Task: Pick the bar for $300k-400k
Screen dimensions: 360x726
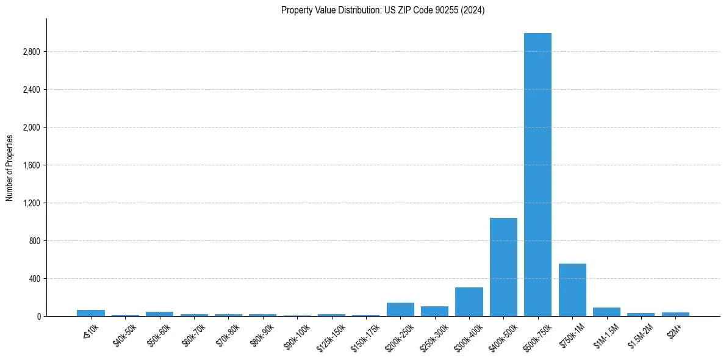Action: [469, 301]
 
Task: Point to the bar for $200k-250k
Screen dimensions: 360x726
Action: [400, 309]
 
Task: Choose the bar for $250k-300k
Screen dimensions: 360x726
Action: [434, 311]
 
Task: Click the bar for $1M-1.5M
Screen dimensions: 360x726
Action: [606, 312]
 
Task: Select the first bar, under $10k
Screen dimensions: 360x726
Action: [91, 313]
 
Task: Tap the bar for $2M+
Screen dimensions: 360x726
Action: [675, 314]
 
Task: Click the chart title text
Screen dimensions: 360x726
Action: [383, 10]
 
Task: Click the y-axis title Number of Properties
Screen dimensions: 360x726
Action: [10, 167]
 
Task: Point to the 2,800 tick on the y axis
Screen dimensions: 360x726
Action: [31, 52]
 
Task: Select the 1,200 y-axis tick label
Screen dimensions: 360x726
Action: [31, 203]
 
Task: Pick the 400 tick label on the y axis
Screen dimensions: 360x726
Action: [34, 279]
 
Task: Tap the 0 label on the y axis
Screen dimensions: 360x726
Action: [38, 317]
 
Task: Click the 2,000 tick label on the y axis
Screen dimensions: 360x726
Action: [31, 128]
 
